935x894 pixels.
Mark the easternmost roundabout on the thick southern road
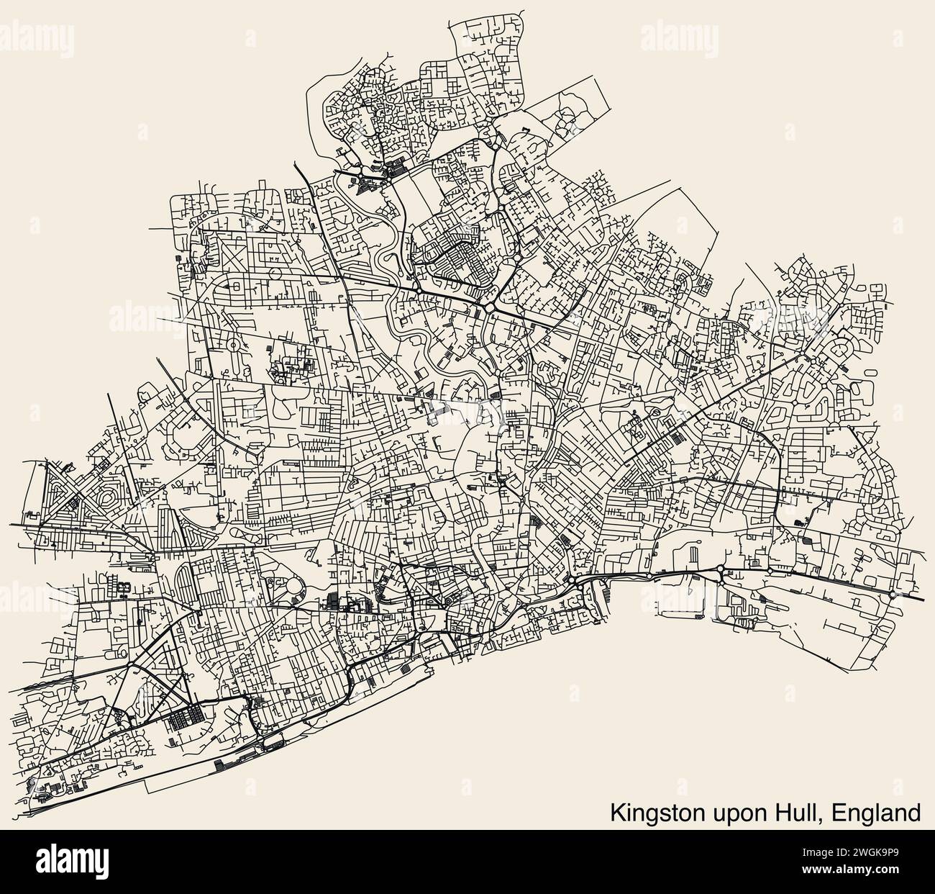(x=893, y=595)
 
